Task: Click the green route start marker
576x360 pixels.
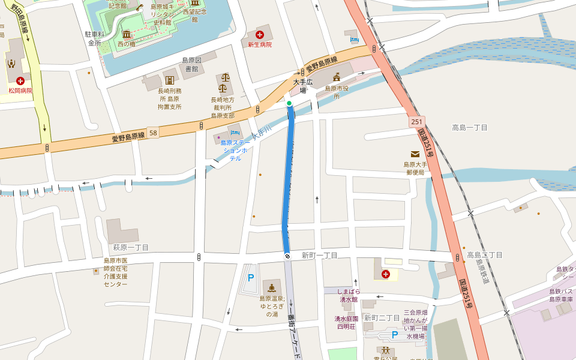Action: pyautogui.click(x=289, y=104)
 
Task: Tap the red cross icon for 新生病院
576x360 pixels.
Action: pyautogui.click(x=260, y=35)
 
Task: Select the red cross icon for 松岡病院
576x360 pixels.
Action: pyautogui.click(x=20, y=80)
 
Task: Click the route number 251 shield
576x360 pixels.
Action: pyautogui.click(x=418, y=121)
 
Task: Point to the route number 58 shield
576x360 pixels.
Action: pyautogui.click(x=154, y=133)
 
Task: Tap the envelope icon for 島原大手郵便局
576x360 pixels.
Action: pyautogui.click(x=415, y=154)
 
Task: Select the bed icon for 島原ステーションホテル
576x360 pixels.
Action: pyautogui.click(x=235, y=132)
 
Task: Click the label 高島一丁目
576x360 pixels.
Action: pyautogui.click(x=470, y=128)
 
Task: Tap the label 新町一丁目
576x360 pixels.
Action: pyautogui.click(x=319, y=256)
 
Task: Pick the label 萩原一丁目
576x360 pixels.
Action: pyautogui.click(x=131, y=247)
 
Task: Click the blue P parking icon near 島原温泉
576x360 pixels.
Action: pyautogui.click(x=251, y=278)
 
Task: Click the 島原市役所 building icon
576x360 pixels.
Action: pyautogui.click(x=337, y=77)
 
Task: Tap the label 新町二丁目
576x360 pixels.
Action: pyautogui.click(x=382, y=317)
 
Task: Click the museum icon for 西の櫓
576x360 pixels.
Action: pyautogui.click(x=127, y=34)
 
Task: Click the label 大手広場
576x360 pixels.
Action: pyautogui.click(x=303, y=86)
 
